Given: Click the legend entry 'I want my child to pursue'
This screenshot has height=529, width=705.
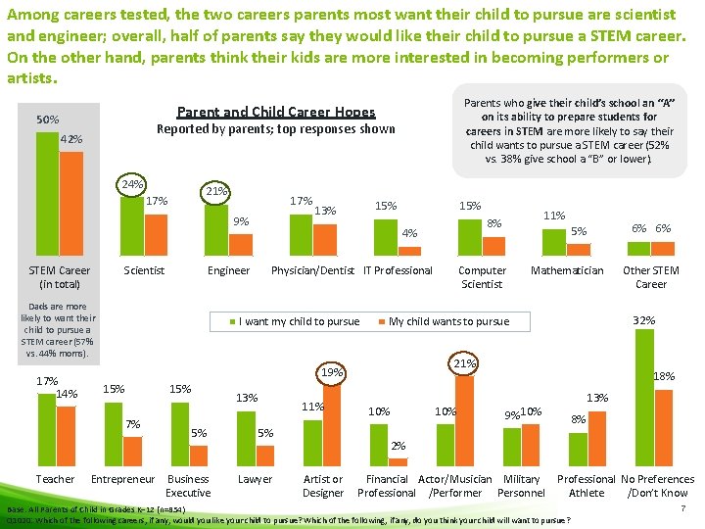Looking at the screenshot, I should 298,321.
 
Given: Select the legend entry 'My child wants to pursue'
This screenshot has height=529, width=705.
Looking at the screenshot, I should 448,321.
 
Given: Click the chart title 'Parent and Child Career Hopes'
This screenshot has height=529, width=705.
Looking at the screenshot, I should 275,113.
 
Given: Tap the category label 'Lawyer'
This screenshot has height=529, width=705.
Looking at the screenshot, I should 255,479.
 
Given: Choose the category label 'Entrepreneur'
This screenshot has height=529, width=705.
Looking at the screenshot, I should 122,479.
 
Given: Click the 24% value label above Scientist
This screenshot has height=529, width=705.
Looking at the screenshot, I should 131,184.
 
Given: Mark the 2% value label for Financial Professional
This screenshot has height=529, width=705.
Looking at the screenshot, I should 398,447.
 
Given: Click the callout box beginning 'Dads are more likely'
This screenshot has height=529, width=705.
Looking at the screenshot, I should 58,330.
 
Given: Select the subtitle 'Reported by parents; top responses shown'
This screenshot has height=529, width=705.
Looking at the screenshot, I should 276,129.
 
